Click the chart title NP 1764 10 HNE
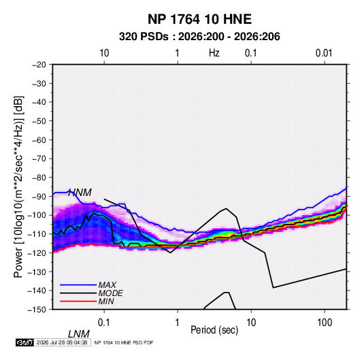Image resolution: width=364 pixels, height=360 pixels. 199,19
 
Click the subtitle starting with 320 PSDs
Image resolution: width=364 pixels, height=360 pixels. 199,37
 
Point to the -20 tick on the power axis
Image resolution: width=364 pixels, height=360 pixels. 39,65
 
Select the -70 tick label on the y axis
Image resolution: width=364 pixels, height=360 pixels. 39,159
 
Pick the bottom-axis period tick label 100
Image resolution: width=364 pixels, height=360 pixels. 325,323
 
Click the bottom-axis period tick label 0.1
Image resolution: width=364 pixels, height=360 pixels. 104,323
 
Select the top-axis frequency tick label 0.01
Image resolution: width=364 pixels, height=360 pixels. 324,53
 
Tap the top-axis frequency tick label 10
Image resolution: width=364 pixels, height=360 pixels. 104,53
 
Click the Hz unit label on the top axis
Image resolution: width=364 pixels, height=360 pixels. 214,53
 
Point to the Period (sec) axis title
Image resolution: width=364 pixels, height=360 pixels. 214,330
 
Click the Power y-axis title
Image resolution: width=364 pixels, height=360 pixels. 18,187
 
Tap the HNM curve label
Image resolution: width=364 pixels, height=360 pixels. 80,193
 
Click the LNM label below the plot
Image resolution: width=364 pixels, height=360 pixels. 79,334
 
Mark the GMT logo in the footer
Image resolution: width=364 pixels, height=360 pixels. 24,342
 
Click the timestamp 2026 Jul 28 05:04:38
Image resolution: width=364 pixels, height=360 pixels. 62,342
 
